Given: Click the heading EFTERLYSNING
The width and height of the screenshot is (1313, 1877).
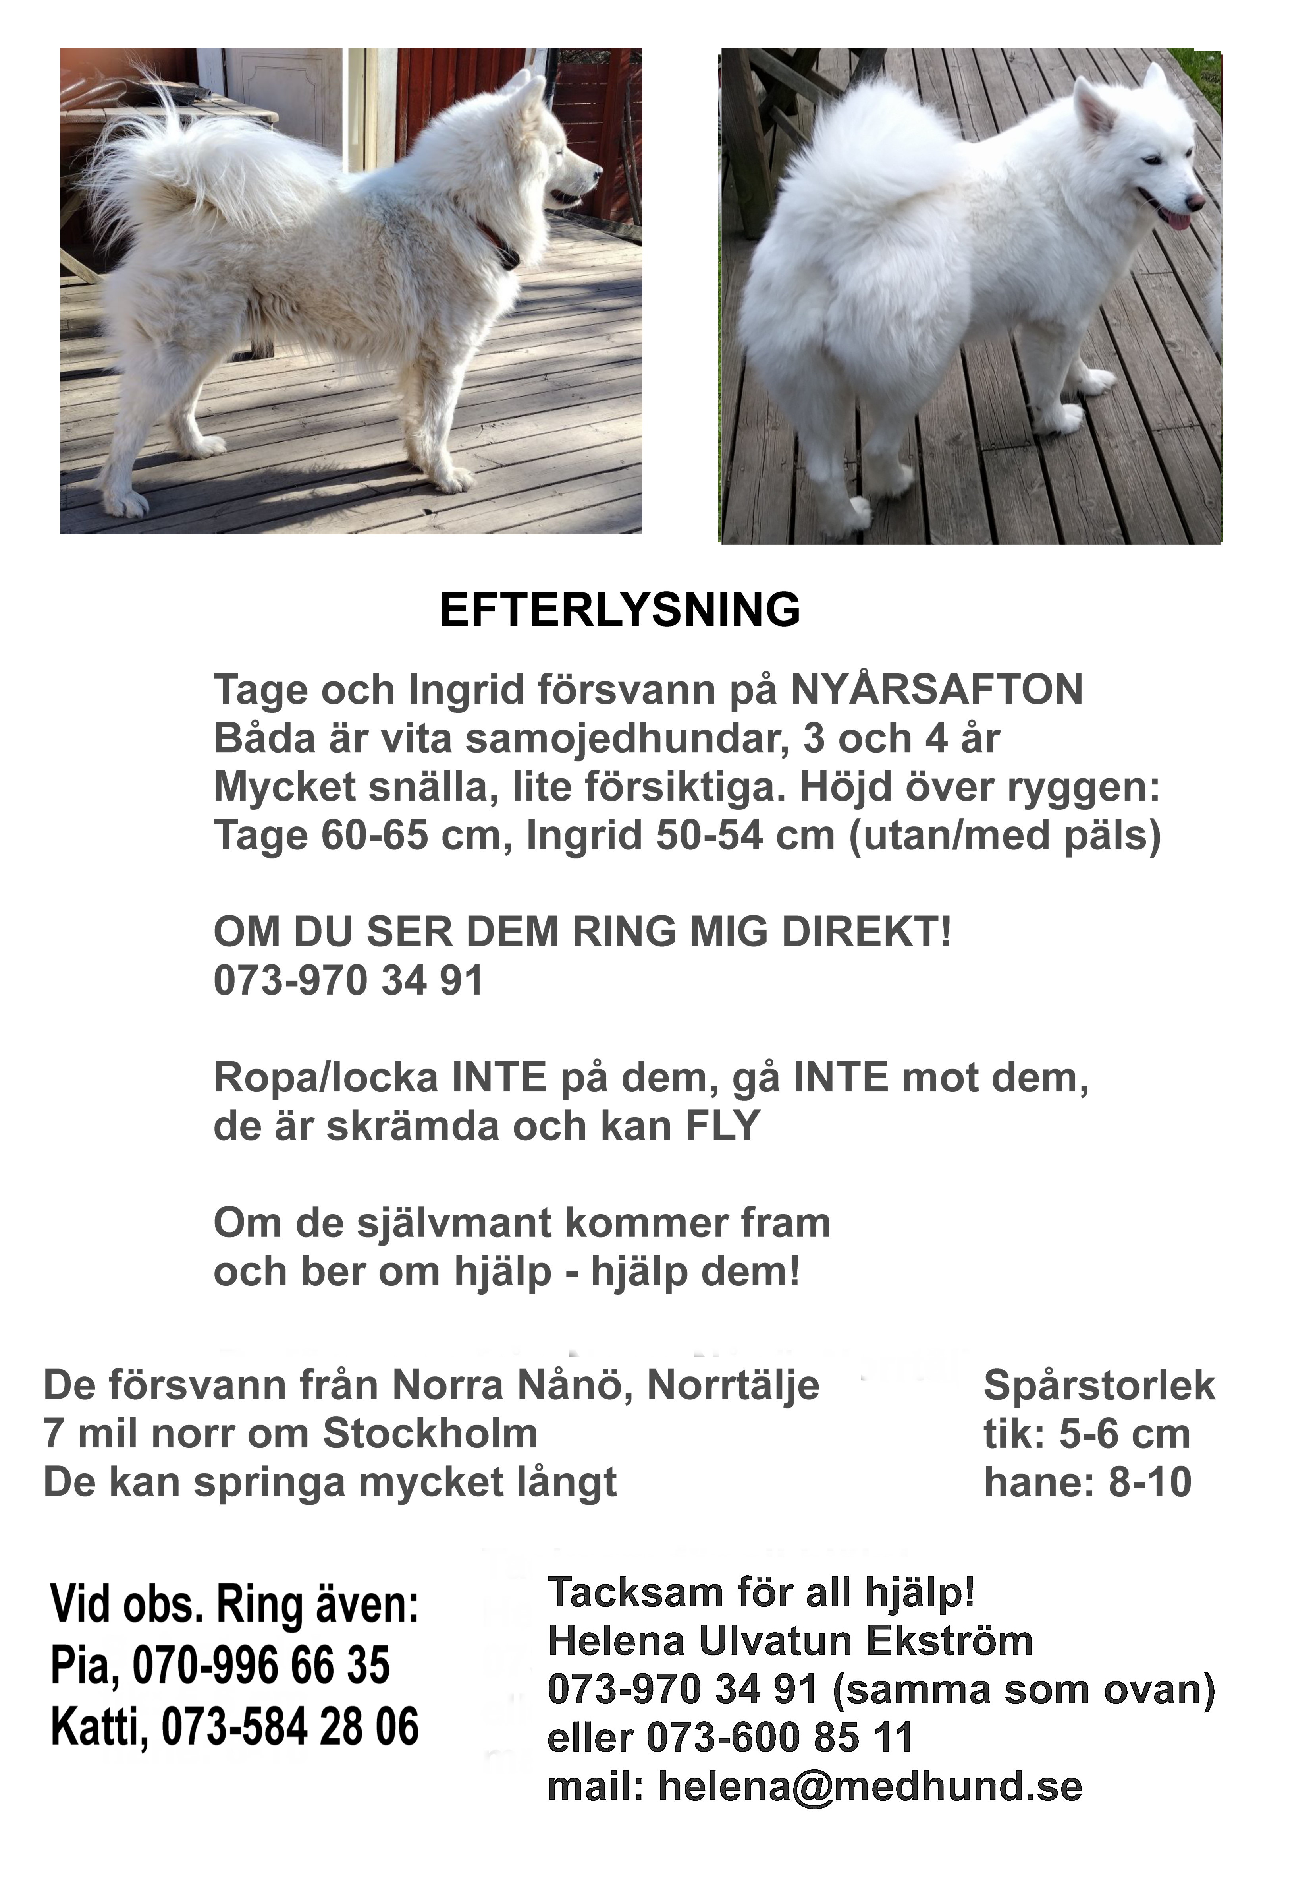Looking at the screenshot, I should [x=619, y=610].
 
